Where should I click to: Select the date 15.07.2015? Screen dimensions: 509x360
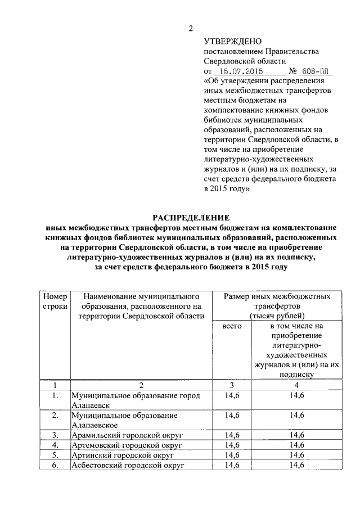(240, 72)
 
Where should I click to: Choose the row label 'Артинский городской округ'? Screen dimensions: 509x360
(116, 455)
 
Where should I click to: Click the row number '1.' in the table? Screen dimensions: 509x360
(55, 396)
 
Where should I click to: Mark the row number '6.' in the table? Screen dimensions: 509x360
(55, 465)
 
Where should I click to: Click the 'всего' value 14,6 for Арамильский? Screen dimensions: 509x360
(232, 435)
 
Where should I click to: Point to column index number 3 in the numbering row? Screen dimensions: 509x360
(231, 385)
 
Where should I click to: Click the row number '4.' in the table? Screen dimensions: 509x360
(55, 445)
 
